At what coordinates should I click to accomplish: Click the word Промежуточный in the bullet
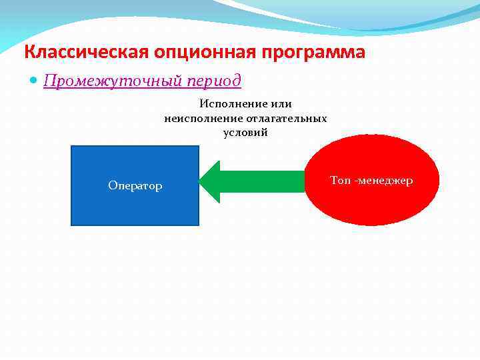[103, 81]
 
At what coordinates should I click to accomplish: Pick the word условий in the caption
[245, 132]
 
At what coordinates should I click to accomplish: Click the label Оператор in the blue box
[135, 186]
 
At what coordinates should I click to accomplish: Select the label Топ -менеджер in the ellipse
[371, 181]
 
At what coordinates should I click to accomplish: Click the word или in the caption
[283, 104]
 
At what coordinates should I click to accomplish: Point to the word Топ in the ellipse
[339, 181]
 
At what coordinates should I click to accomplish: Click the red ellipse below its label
[371, 207]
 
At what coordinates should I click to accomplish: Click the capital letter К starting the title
[29, 52]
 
